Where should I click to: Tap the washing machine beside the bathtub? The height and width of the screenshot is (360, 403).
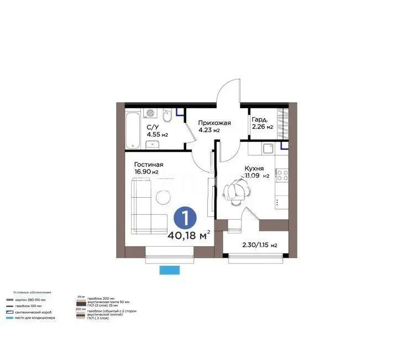(150, 114)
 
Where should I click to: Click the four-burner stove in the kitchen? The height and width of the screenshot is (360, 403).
(282, 176)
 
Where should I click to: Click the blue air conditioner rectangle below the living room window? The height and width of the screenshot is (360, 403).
(170, 270)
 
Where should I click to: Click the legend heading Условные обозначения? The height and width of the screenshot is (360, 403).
(33, 292)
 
